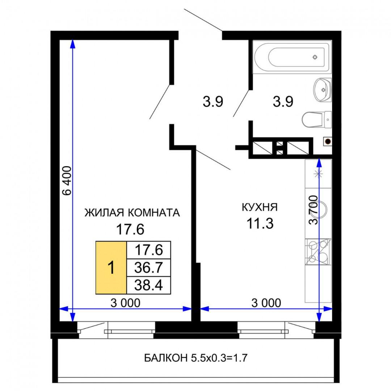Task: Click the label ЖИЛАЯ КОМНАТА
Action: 132,213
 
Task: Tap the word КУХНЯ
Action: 260,207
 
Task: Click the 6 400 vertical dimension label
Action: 67,181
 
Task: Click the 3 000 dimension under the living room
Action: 125,303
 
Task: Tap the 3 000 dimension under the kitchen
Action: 266,303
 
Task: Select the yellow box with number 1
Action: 111,268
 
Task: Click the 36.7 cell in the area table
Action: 148,268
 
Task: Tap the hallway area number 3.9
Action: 213,102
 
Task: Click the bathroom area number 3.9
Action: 283,102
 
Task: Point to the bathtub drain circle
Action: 315,57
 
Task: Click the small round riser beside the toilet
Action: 327,142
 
